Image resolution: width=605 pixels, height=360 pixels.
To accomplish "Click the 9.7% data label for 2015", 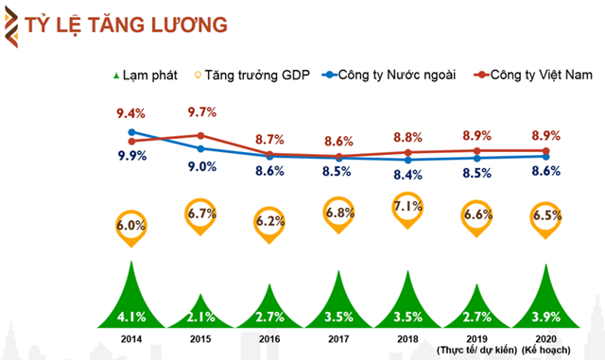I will (201, 111).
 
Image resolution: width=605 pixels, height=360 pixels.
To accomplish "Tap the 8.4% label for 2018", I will (408, 175).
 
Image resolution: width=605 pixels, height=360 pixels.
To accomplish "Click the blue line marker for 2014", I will (131, 132).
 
